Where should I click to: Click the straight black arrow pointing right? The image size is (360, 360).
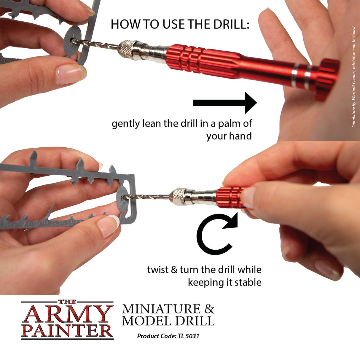pos(224,103)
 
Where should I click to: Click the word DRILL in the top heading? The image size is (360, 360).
pos(231,24)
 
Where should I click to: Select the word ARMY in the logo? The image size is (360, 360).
pos(67,314)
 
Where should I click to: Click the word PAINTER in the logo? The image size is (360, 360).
pos(67,331)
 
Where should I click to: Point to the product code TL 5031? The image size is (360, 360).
pos(188,336)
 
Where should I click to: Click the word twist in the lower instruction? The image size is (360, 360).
pos(158,270)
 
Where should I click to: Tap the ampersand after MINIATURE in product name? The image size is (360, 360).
pos(209,309)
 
